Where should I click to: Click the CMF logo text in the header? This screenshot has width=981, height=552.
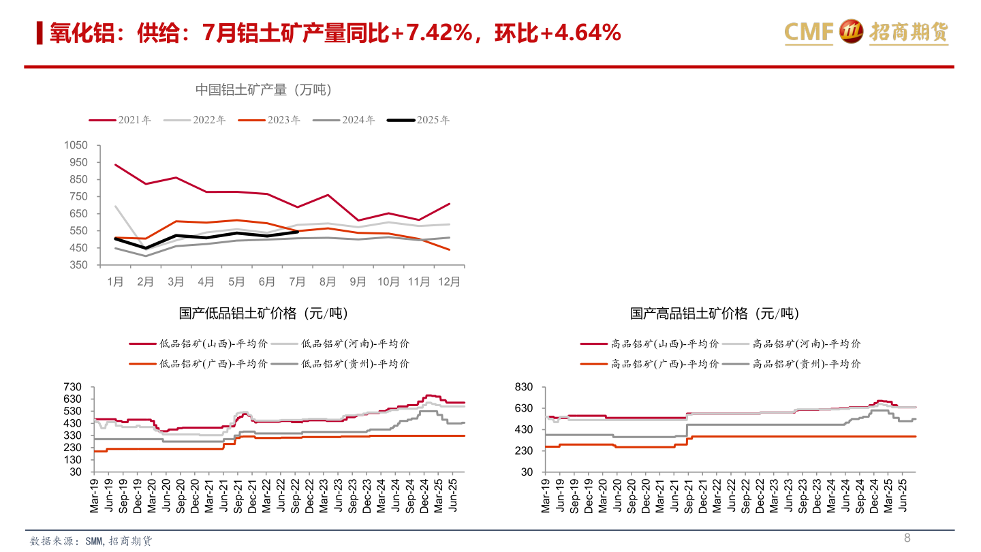coord(809,31)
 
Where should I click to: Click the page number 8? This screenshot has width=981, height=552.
coord(907,538)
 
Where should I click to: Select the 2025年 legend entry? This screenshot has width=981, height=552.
coord(418,120)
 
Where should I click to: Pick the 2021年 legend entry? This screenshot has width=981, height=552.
coord(120,120)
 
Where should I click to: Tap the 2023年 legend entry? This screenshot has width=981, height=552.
coord(269,120)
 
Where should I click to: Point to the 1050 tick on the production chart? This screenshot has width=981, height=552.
coord(76,145)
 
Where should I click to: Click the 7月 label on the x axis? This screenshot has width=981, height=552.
coord(298,281)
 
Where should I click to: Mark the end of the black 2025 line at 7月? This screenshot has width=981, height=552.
coord(298,232)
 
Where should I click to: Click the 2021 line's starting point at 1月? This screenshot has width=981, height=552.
coord(116,165)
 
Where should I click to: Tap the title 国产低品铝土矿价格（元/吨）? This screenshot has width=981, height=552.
coord(263,313)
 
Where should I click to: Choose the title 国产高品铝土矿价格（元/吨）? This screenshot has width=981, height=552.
coord(715,313)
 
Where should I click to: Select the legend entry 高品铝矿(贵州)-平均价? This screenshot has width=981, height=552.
coord(792,364)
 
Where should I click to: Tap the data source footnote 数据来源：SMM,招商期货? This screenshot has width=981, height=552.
coord(91,541)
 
